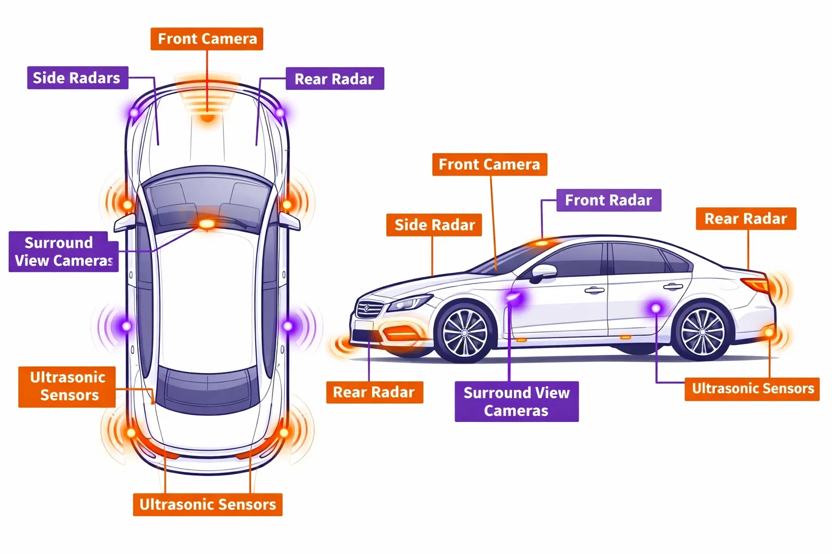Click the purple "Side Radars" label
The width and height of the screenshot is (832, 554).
[x=77, y=78]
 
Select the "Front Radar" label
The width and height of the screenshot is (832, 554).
[x=608, y=200]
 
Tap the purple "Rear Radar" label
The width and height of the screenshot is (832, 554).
[x=334, y=79]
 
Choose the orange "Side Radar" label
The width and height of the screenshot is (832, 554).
[x=434, y=225]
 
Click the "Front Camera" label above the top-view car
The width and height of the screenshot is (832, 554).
[x=207, y=39]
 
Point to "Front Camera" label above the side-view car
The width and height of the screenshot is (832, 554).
[x=489, y=164]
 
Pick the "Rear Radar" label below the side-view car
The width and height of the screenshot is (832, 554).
[x=374, y=392]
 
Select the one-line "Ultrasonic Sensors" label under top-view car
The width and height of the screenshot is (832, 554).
[x=207, y=504]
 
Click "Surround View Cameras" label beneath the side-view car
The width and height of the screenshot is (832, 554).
[x=516, y=401]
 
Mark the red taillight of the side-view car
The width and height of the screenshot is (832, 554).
[x=756, y=285]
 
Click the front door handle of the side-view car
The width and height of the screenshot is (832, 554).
[x=594, y=291]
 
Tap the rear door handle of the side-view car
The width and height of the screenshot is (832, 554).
[x=673, y=287]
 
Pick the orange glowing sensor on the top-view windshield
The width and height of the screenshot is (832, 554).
[x=206, y=223]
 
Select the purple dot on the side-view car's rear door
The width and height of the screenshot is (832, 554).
[x=655, y=308]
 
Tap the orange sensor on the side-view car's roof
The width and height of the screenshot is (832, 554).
[x=541, y=243]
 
